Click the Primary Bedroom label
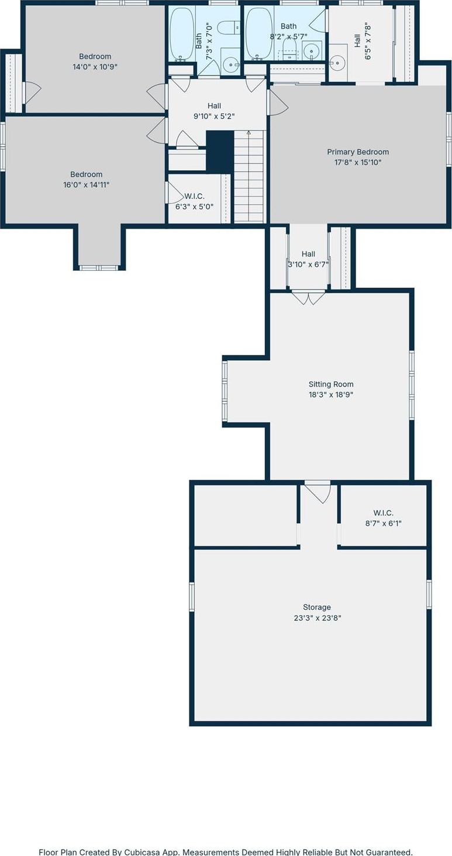357,152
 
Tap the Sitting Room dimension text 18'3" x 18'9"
331,395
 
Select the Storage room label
316,607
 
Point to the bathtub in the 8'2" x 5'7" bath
257,33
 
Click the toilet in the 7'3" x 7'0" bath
228,27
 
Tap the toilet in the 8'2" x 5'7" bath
289,47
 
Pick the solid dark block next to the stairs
220,151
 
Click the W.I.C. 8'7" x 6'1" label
383,513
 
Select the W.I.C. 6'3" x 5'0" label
194,196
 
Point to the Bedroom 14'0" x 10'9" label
95,56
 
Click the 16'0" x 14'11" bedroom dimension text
86,185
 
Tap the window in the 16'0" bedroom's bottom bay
99,268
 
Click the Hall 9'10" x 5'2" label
214,105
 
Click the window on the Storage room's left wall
191,596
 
